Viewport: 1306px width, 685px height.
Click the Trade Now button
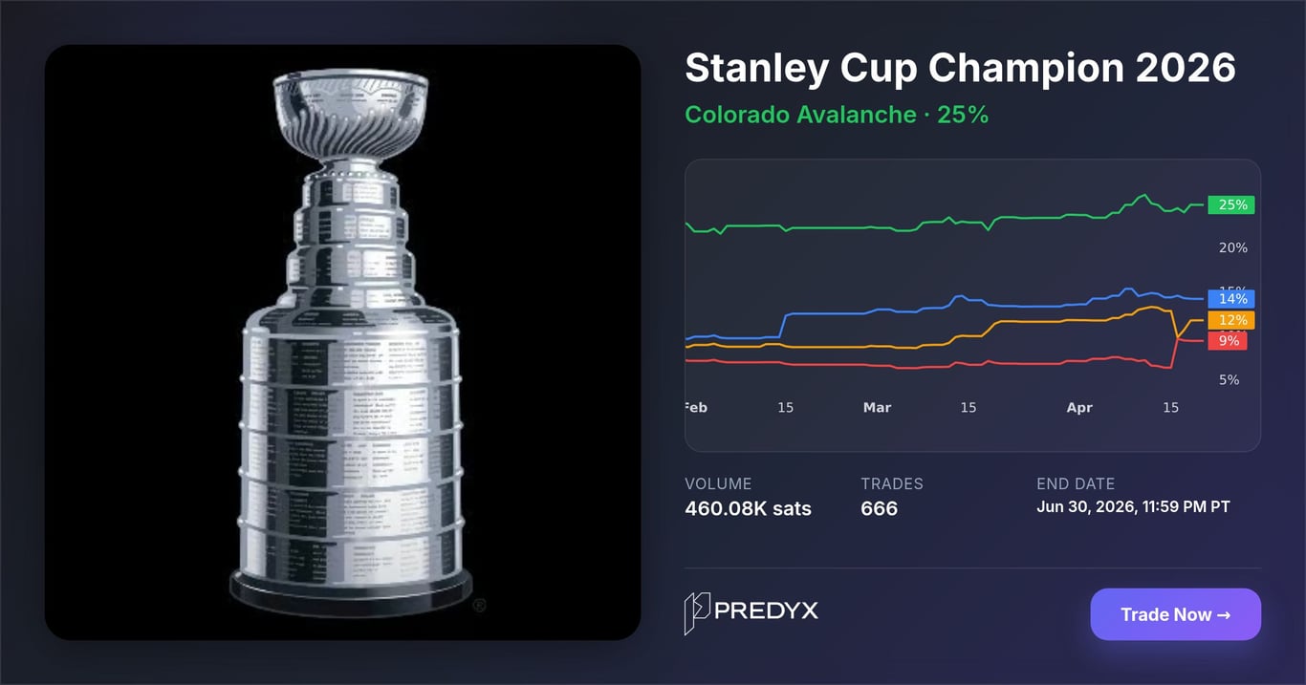pyautogui.click(x=1175, y=614)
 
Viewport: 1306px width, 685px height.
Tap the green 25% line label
pyautogui.click(x=1232, y=204)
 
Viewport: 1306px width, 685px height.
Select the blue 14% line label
pyautogui.click(x=1232, y=299)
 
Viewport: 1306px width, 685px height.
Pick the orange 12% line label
pyautogui.click(x=1232, y=320)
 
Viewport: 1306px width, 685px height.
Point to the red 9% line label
pyautogui.click(x=1228, y=341)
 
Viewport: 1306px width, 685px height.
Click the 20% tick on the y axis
pyautogui.click(x=1232, y=248)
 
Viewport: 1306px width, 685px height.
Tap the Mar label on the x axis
pyautogui.click(x=877, y=408)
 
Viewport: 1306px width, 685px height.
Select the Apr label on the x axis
pyautogui.click(x=1079, y=408)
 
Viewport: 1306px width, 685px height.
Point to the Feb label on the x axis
pyautogui.click(x=696, y=408)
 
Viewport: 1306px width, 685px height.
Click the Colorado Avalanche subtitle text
pyautogui.click(x=800, y=115)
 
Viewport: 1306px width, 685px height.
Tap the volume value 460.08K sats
pyautogui.click(x=748, y=508)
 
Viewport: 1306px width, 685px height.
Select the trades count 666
pyautogui.click(x=879, y=508)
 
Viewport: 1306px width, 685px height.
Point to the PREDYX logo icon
pyautogui.click(x=698, y=613)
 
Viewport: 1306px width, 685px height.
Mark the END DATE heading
pyautogui.click(x=1075, y=483)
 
